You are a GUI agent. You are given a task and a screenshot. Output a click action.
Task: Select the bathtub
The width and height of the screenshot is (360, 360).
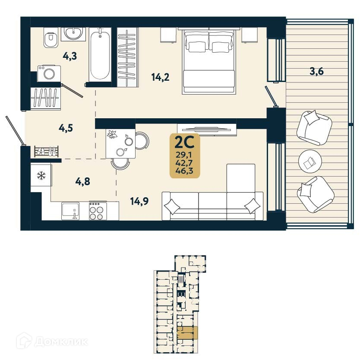coord(100,55)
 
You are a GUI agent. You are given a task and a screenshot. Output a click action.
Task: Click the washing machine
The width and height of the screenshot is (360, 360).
coord(46,73)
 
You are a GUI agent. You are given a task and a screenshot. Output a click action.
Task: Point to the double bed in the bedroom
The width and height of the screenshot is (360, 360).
coord(209,60)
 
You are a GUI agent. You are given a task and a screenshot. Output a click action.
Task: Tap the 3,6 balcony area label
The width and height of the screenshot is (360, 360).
coord(316,72)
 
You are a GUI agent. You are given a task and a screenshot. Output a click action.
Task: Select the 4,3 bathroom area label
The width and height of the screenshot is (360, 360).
coord(69,56)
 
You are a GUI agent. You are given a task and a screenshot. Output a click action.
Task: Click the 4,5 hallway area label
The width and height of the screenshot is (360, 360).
coord(66,129)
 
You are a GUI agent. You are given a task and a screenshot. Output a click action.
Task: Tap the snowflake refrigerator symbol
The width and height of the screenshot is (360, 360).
coord(41,175)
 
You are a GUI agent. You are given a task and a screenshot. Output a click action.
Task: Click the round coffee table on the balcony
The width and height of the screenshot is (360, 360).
coord(309,162)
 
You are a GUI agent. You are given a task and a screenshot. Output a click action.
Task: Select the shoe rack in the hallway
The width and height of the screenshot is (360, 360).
coord(46,151)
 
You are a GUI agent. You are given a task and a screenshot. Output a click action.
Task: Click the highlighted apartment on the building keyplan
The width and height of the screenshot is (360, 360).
coord(187,333)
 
